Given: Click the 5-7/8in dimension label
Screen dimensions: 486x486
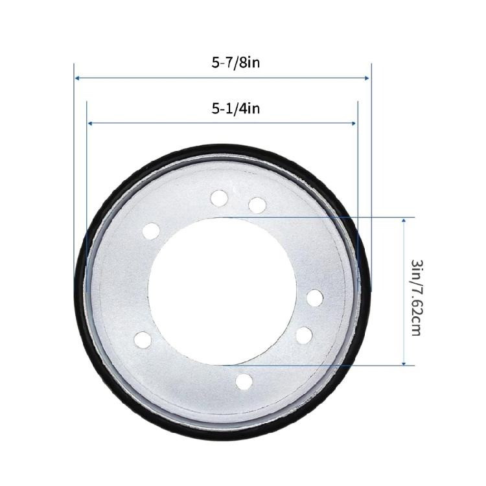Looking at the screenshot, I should click(222, 63).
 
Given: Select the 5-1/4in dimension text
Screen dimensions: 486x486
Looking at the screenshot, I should click(222, 108).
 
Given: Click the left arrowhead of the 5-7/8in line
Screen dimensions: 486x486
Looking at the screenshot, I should click(77, 78).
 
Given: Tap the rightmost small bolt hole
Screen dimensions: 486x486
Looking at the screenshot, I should click(315, 298).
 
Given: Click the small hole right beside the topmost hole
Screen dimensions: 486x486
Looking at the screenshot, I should click(257, 205).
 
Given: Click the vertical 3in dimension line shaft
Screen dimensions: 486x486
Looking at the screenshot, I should click(404, 292).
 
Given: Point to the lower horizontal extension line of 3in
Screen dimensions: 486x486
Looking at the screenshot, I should click(324, 365).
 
